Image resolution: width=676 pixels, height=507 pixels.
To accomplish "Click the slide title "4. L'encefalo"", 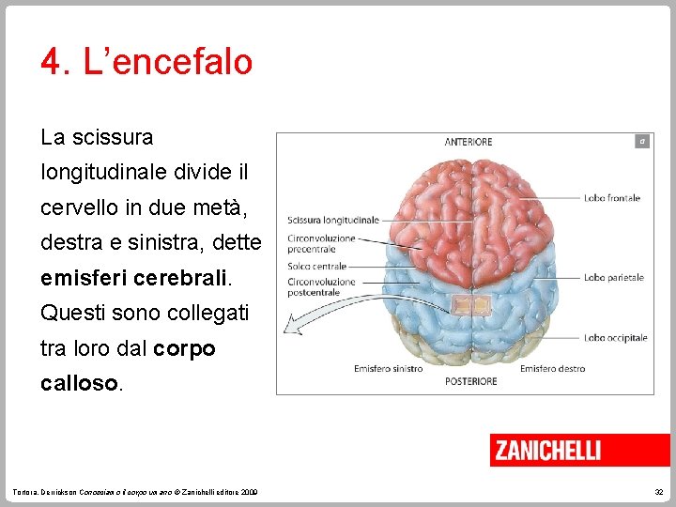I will (146, 62).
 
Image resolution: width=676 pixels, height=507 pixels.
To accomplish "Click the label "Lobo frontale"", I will (611, 198).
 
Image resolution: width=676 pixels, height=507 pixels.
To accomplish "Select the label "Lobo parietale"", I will (613, 278).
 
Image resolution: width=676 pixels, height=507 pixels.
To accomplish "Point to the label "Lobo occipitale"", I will (615, 338).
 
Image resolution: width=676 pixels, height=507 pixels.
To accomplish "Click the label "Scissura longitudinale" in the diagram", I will (333, 220).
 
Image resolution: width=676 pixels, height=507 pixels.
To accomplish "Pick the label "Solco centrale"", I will (318, 267).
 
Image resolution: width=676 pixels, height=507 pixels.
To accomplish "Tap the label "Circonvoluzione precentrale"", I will (321, 244).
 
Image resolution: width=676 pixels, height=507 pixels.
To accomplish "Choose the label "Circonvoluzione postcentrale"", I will (321, 286).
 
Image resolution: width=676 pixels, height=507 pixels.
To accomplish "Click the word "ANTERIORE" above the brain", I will (468, 143).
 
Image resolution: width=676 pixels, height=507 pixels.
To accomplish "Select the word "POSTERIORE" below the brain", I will (470, 381).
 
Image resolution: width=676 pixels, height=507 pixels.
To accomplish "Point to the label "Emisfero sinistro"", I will (388, 369).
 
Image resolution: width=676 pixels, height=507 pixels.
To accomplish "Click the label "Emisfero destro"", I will (552, 369).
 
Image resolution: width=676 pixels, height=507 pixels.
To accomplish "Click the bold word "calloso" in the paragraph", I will (80, 384).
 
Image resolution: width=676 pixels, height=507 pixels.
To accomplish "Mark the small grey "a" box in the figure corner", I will (641, 141).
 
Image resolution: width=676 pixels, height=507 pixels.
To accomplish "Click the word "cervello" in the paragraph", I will (78, 207).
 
